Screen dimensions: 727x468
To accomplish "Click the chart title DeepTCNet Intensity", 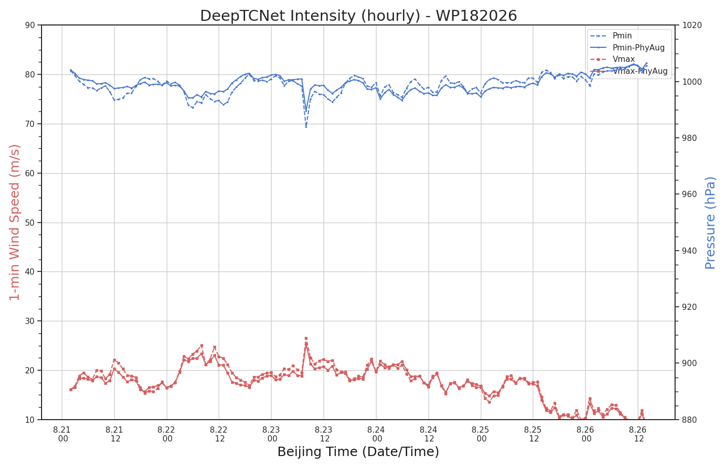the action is coord(358,16).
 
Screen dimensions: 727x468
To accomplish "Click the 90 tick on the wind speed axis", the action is coord(30,25).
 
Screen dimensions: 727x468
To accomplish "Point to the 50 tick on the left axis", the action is coord(30,223).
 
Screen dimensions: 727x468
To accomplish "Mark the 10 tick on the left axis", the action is coord(30,420).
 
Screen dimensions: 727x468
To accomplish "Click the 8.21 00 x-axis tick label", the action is coord(62,435).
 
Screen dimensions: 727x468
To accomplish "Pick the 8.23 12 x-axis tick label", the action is coord(324,435).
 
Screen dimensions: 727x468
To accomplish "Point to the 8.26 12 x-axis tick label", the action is coord(638,435).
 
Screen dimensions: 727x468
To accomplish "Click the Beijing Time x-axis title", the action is coord(358,452).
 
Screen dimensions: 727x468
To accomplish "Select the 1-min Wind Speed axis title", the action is coord(15,223).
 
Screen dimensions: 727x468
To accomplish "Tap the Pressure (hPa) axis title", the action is coord(710,223).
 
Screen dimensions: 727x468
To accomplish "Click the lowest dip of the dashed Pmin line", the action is coord(306,127).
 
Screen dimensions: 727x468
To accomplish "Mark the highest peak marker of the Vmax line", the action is coord(306,339).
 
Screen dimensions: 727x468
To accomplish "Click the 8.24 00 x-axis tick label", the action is coord(376,435).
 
